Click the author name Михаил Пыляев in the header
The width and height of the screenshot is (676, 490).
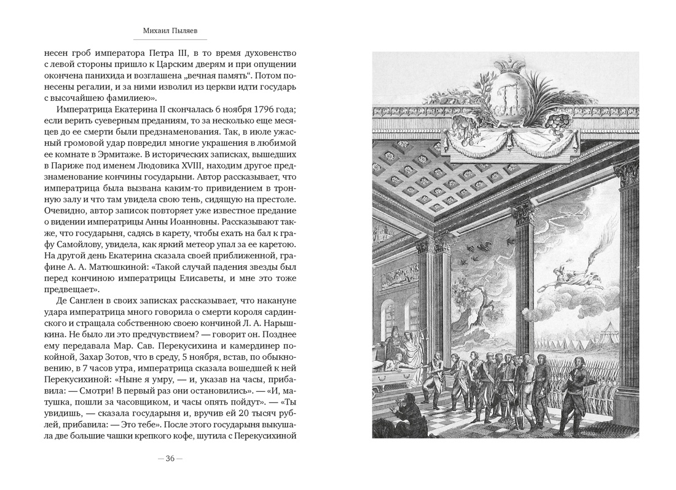pyautogui.click(x=170, y=29)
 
